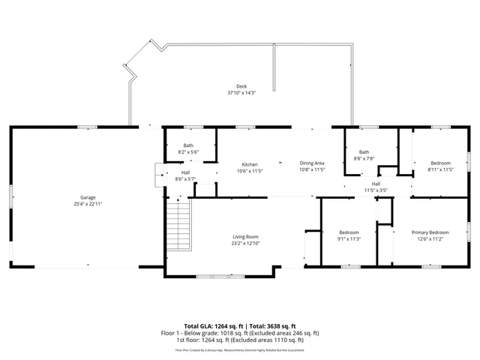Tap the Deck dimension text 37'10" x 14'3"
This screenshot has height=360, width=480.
coord(241,92)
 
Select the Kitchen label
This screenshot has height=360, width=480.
coord(250,164)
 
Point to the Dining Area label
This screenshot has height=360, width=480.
coord(312,163)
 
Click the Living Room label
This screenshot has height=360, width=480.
coord(245,237)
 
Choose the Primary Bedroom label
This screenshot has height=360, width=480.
coord(430,232)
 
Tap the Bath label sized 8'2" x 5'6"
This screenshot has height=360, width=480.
coord(188,145)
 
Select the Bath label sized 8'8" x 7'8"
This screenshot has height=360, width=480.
coord(364,151)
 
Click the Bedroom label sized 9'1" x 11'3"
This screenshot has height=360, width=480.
coord(349,232)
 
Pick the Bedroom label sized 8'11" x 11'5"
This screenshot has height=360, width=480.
coord(440,163)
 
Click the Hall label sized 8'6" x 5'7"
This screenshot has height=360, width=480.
coord(184,172)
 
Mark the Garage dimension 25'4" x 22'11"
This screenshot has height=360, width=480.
coord(88,204)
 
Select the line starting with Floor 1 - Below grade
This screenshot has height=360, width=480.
coord(240,332)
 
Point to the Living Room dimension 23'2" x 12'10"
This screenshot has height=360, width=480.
coord(245,244)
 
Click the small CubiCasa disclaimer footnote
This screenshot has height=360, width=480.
coord(240,349)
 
